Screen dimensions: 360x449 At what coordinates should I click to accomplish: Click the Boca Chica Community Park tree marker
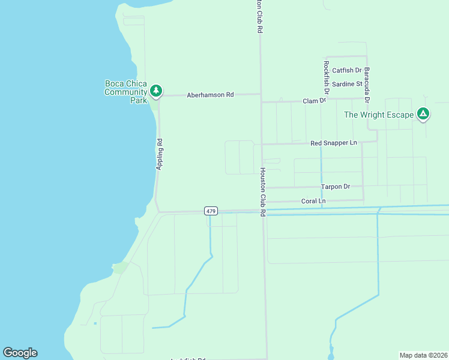pos(156,91)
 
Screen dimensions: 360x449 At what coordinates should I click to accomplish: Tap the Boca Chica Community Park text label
pos(125,92)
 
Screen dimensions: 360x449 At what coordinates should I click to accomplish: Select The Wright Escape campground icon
pos(423,113)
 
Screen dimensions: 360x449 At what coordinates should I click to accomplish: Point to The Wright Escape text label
pos(378,115)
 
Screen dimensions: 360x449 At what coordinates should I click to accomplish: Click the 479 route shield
pos(211,211)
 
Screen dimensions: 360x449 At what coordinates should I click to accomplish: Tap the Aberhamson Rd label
pos(210,95)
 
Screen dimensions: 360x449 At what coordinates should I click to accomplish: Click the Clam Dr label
pos(314,101)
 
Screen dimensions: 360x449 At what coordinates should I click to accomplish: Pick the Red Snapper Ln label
pos(334,143)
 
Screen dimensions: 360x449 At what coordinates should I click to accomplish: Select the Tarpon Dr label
pos(336,187)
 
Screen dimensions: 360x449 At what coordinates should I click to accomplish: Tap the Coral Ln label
pos(313,201)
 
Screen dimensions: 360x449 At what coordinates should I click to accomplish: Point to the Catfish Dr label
pos(347,71)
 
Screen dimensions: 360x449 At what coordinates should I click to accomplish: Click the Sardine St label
pos(347,84)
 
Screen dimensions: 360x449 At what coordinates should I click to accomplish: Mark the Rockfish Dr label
pos(327,78)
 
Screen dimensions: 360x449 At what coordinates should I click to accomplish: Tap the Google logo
pos(20,353)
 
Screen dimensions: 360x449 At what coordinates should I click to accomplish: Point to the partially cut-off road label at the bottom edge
pos(188,358)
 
